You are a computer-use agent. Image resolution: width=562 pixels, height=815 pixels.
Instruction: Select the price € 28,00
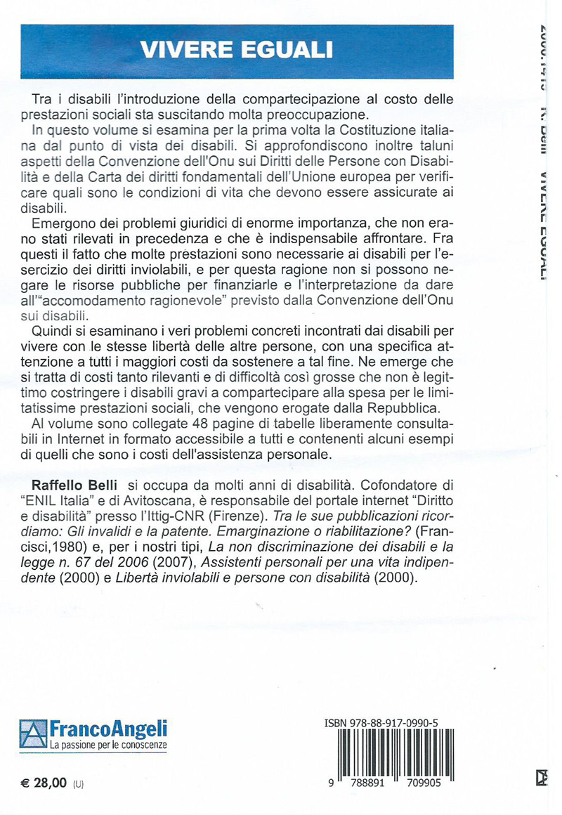click(x=42, y=781)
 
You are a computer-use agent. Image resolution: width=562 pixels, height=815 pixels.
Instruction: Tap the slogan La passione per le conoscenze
click(x=108, y=744)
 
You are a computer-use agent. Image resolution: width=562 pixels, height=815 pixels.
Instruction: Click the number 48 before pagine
click(x=211, y=425)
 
